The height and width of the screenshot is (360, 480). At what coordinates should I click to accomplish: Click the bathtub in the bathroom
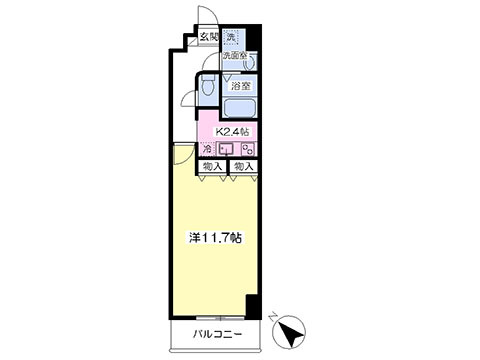(238, 109)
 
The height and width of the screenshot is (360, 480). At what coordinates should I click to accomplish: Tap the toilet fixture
(208, 88)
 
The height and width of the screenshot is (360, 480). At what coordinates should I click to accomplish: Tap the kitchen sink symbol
(228, 151)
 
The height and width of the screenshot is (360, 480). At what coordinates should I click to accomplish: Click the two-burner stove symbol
(247, 151)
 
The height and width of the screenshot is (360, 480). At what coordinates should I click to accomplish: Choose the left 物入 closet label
(212, 166)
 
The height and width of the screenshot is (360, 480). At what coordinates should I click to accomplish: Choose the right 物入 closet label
(243, 166)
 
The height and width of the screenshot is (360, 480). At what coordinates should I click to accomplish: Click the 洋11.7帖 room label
(218, 239)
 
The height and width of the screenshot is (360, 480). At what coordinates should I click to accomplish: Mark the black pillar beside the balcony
(251, 309)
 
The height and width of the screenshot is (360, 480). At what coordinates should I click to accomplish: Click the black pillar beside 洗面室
(253, 41)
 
